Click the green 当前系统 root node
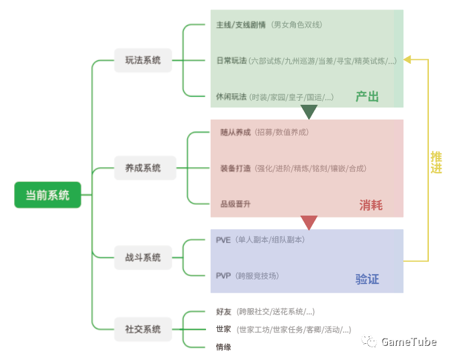(47, 195)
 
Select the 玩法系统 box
(142, 60)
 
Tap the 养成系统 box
(142, 168)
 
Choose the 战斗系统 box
(142, 257)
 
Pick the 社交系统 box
(142, 329)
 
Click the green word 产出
(367, 97)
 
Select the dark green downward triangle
(309, 112)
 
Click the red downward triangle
(309, 222)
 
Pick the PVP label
(223, 275)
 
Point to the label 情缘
(223, 347)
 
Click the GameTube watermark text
(409, 342)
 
